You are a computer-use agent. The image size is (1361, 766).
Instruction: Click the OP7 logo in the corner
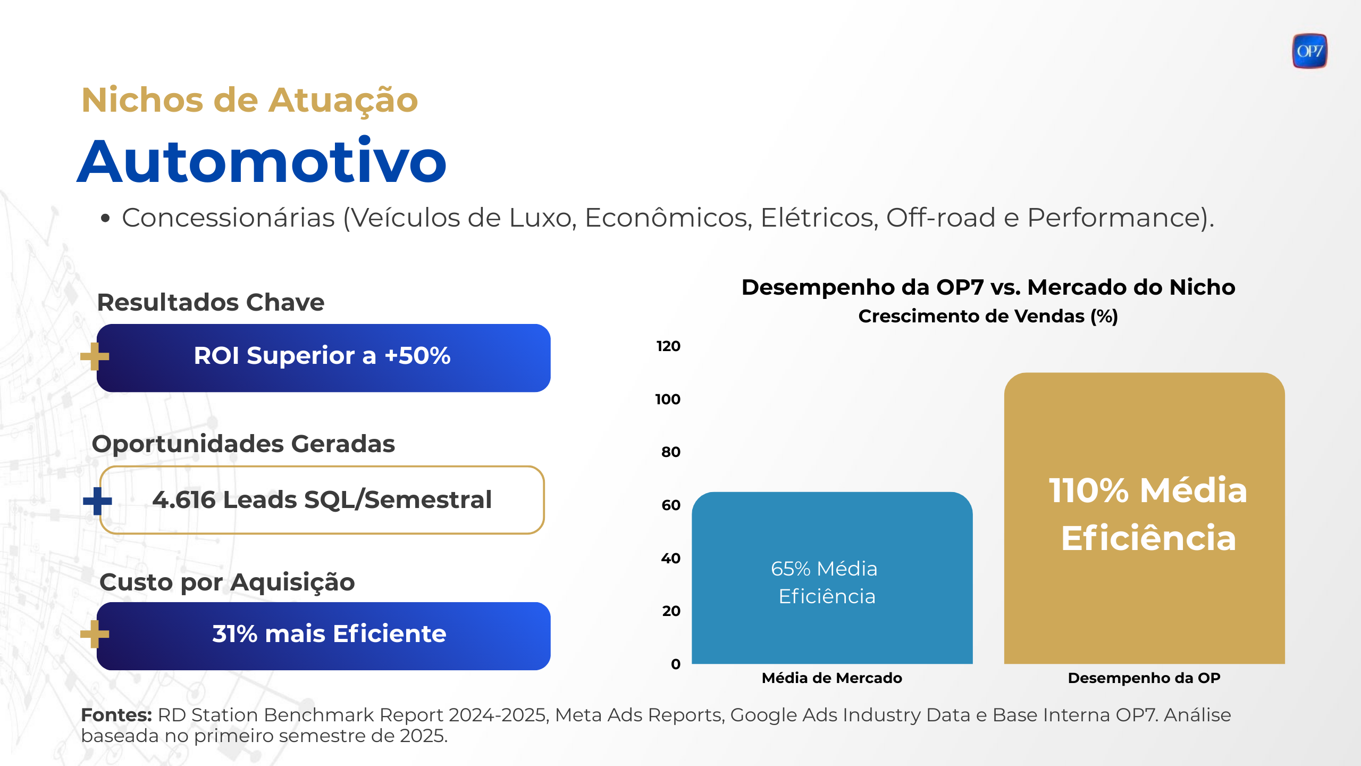point(1309,51)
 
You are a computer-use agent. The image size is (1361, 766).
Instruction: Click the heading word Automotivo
point(262,161)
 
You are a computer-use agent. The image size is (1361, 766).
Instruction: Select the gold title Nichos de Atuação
point(249,100)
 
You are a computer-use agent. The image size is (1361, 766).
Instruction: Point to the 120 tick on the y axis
point(668,346)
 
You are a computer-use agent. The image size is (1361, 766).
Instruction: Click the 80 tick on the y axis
point(670,452)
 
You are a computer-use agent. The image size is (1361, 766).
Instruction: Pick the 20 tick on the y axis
point(671,611)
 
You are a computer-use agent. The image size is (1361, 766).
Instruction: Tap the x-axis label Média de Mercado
point(831,678)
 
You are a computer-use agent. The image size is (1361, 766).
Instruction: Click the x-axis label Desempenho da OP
point(1144,678)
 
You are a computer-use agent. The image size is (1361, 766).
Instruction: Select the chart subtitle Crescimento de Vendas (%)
point(988,317)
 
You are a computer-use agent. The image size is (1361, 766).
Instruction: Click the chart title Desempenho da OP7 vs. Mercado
point(988,287)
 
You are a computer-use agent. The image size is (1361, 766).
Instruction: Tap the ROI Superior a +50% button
point(323,357)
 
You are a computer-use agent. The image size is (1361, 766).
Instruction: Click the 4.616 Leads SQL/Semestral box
point(322,500)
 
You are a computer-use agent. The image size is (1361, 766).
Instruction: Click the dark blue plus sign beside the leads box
point(97,501)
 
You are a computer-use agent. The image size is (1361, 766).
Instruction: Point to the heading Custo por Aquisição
point(227,582)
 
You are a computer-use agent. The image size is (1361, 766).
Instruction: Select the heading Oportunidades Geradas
point(243,444)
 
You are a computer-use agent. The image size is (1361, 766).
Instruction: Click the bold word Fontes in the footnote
point(116,715)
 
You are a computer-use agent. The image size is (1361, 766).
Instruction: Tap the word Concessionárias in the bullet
point(229,218)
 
